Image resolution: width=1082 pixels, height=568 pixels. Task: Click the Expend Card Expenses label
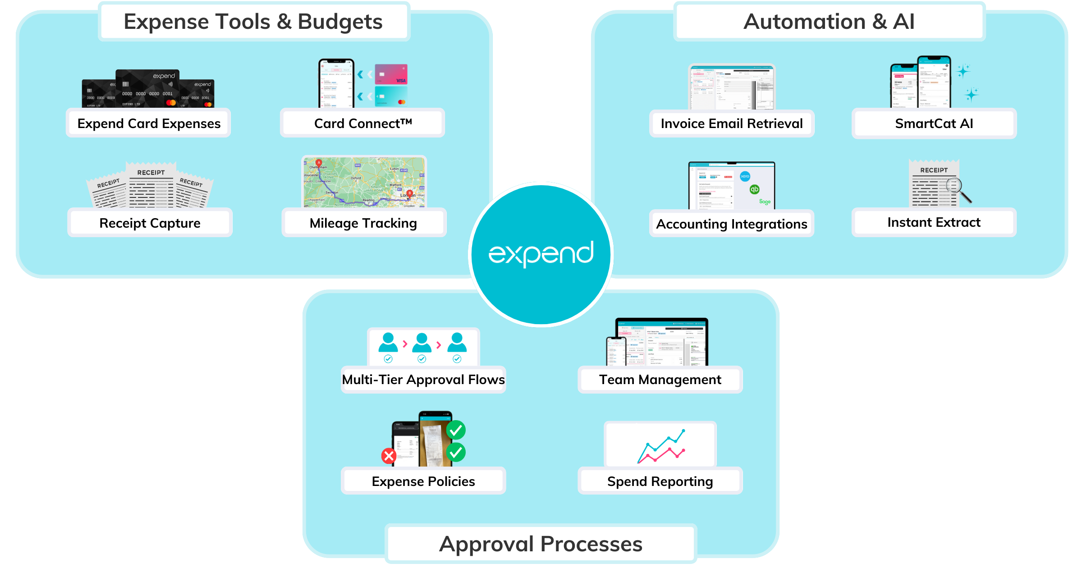(x=149, y=124)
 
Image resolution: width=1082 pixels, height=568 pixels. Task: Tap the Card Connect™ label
(x=363, y=124)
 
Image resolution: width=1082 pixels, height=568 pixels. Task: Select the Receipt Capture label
(x=150, y=223)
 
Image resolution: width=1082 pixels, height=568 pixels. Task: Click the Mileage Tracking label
(x=363, y=223)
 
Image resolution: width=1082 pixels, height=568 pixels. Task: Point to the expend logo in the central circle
(x=541, y=253)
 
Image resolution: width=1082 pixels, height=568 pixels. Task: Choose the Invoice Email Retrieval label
(x=732, y=124)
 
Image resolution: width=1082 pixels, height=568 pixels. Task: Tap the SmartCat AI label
(x=934, y=124)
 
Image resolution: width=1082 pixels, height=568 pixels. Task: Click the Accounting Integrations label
(x=731, y=224)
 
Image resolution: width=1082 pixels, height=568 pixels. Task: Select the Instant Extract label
(x=934, y=222)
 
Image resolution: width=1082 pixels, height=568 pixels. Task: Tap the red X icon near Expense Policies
(x=389, y=456)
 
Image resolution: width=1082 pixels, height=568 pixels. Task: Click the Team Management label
(x=660, y=380)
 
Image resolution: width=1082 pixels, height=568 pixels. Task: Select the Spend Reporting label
(x=660, y=481)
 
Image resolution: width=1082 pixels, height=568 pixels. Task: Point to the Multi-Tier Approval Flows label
(x=423, y=380)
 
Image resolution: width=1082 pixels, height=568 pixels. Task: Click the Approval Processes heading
(x=541, y=544)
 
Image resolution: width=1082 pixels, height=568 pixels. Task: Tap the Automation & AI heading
(x=829, y=22)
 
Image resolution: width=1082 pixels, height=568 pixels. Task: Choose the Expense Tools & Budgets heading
(x=253, y=22)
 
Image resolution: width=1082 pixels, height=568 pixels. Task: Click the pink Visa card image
(x=391, y=74)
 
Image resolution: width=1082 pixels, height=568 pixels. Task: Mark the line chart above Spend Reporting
(x=661, y=447)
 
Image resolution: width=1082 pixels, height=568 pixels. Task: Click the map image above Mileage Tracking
(x=364, y=182)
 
